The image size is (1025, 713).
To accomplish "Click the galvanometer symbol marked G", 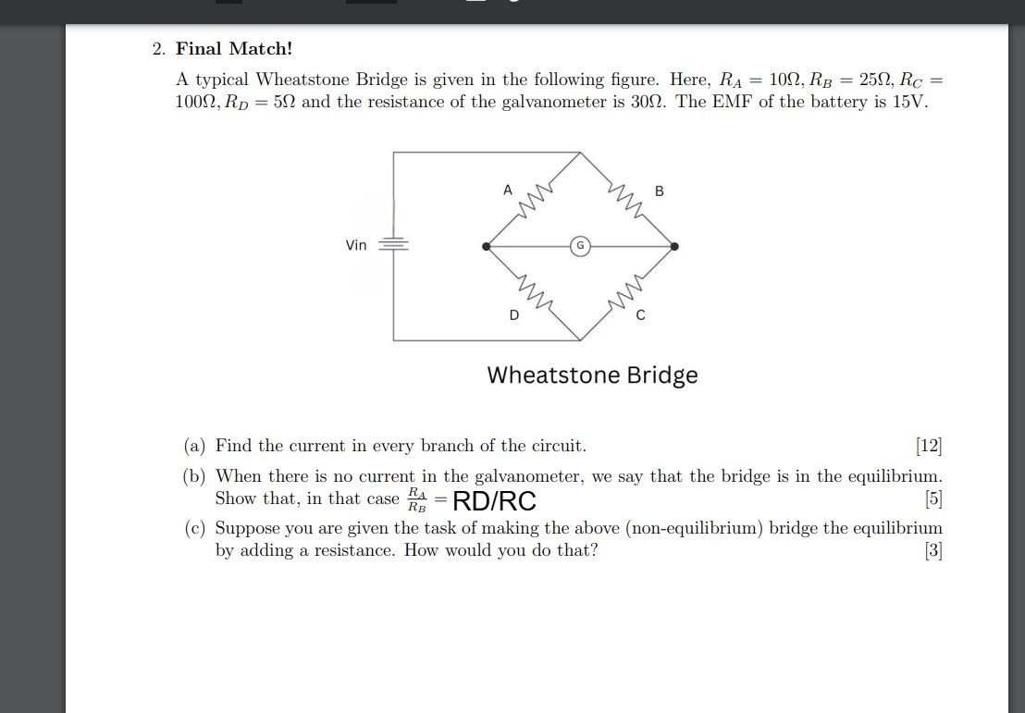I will point(580,246).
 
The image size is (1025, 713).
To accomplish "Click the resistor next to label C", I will point(626,293).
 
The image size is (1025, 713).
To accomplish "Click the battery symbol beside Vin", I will point(394,245).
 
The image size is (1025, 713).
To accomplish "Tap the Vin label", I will point(356,246).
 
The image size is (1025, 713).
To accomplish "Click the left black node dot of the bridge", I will point(487,246).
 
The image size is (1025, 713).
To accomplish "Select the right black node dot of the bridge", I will point(674,246).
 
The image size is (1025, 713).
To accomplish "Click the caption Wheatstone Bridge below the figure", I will point(592,375).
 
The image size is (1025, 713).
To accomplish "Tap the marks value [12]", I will point(928,447).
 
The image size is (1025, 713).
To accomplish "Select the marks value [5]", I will point(932,500).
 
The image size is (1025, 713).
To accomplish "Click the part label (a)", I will point(194,447).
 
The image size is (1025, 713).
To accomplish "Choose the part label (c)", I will point(194,529).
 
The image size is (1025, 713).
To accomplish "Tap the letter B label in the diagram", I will point(660,191).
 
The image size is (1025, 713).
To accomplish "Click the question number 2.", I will point(157,49).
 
